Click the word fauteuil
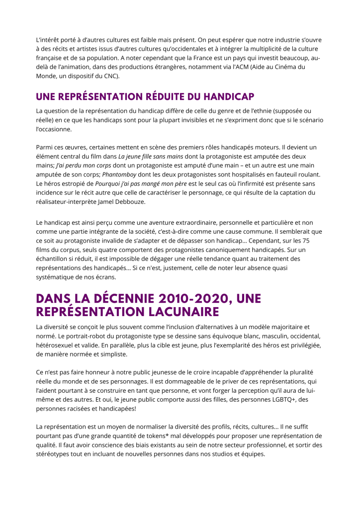click(284, 174)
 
